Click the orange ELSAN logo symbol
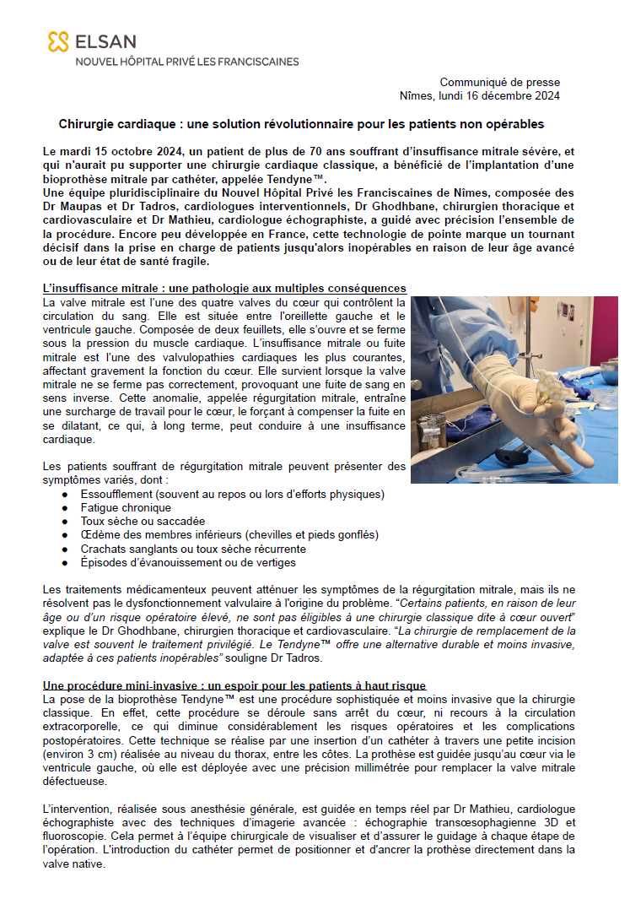point(57,41)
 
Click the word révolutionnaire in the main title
point(333,124)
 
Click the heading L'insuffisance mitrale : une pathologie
point(224,288)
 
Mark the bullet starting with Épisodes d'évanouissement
point(187,562)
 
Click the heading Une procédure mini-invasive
point(234,685)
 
